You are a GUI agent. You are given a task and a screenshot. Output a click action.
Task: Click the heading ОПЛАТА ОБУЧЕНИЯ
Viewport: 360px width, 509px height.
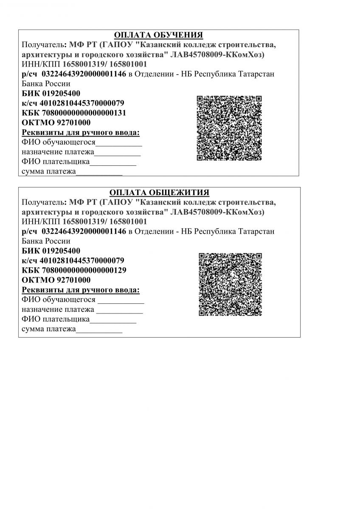pyautogui.click(x=158, y=35)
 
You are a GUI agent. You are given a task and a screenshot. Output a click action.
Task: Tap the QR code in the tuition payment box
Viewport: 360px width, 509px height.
pyautogui.click(x=229, y=128)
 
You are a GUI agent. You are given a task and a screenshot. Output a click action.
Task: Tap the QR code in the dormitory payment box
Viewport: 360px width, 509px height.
pyautogui.click(x=231, y=285)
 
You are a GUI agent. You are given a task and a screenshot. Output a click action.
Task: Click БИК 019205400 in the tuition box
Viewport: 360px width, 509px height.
pyautogui.click(x=51, y=93)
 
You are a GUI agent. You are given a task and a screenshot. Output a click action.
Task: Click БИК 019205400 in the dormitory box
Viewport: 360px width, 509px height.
pyautogui.click(x=51, y=251)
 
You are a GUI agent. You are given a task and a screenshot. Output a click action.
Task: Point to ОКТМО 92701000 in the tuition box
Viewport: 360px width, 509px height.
pyautogui.click(x=56, y=123)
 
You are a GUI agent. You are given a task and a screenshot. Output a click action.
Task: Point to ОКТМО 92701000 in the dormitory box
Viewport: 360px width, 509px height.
pyautogui.click(x=56, y=280)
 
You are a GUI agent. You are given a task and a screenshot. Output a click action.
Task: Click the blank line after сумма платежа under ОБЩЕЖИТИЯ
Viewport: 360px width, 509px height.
pyautogui.click(x=99, y=331)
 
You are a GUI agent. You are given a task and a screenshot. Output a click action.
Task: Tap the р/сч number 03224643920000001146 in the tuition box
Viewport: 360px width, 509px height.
pyautogui.click(x=84, y=74)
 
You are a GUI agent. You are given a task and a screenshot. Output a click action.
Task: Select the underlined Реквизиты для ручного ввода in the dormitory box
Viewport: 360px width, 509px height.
pyautogui.click(x=81, y=290)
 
